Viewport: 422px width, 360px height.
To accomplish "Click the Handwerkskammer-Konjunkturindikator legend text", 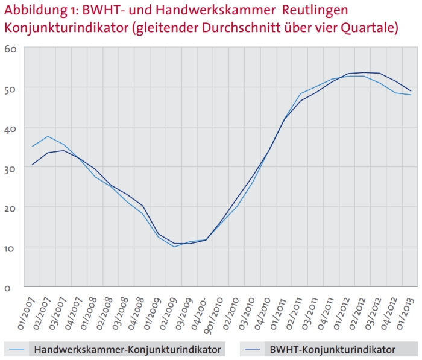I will click(x=128, y=349).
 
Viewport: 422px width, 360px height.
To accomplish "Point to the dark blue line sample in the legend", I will click(x=251, y=349).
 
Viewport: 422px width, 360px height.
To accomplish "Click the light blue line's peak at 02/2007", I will click(x=48, y=136).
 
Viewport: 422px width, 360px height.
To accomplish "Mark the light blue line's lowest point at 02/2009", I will click(x=174, y=247).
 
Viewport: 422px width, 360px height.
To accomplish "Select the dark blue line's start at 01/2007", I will click(x=33, y=165).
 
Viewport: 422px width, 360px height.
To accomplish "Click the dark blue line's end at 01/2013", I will click(x=411, y=91).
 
